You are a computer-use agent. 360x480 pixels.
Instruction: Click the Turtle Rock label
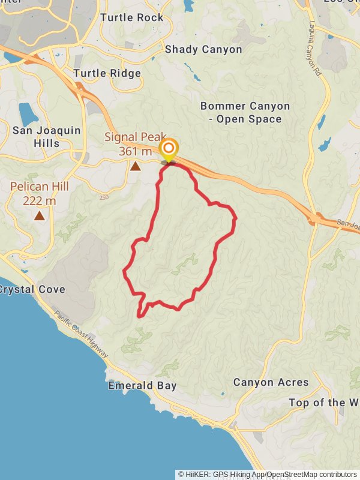coord(132,17)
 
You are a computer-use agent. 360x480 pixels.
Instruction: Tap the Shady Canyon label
coord(203,49)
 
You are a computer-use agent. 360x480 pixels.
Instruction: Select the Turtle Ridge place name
coord(107,73)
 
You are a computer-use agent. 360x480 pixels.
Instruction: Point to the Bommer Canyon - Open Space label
coord(245,112)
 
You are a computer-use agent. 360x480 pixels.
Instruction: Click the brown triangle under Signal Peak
coord(136,166)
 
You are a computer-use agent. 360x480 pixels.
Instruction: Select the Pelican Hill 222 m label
coord(40,193)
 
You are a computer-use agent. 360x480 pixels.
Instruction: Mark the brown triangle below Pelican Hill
coord(40,215)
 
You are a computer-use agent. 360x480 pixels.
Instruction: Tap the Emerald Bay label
coord(142,386)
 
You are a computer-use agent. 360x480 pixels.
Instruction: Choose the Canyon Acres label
coord(271,382)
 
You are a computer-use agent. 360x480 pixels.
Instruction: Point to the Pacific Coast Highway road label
coord(81,334)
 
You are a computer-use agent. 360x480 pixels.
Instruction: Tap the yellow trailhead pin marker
coord(169,149)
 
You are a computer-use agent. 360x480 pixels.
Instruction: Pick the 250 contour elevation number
coord(104,197)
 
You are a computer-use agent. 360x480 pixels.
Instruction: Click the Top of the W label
coord(324,403)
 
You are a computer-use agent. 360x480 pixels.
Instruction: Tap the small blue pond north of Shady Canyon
coord(188,6)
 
